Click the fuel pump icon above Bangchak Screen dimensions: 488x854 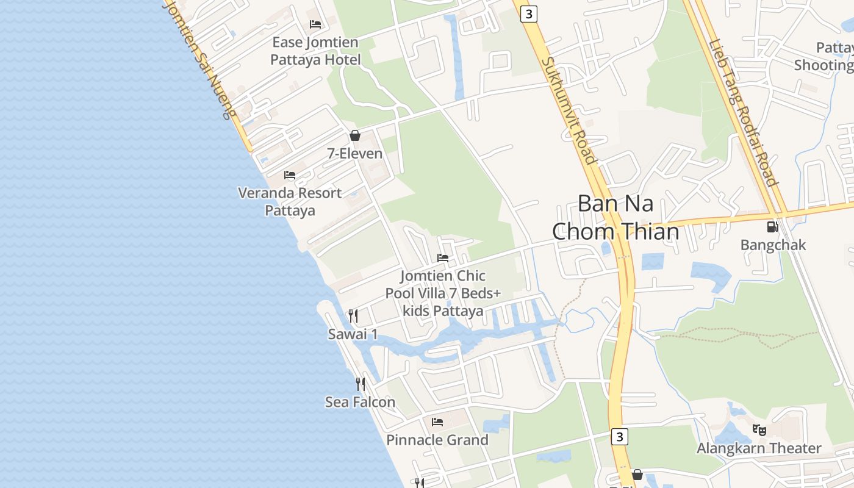pos(772,227)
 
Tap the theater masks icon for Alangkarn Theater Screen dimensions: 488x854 pos(759,429)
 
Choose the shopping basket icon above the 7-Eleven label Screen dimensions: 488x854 pos(355,135)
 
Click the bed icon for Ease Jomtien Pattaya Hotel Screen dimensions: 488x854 pos(315,24)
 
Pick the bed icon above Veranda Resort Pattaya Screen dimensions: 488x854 pos(290,175)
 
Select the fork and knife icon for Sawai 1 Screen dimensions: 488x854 pos(353,315)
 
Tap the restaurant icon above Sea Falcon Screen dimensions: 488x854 pos(361,384)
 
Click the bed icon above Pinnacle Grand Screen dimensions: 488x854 pos(437,422)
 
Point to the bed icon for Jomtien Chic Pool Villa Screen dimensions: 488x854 pos(443,258)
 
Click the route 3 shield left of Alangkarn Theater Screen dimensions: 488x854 pos(619,436)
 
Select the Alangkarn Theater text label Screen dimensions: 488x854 pos(759,448)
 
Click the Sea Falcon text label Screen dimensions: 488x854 pos(360,402)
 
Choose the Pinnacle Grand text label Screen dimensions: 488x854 pos(437,440)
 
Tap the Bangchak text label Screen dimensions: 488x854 pos(773,245)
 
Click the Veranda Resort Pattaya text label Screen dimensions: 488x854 pos(290,201)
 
